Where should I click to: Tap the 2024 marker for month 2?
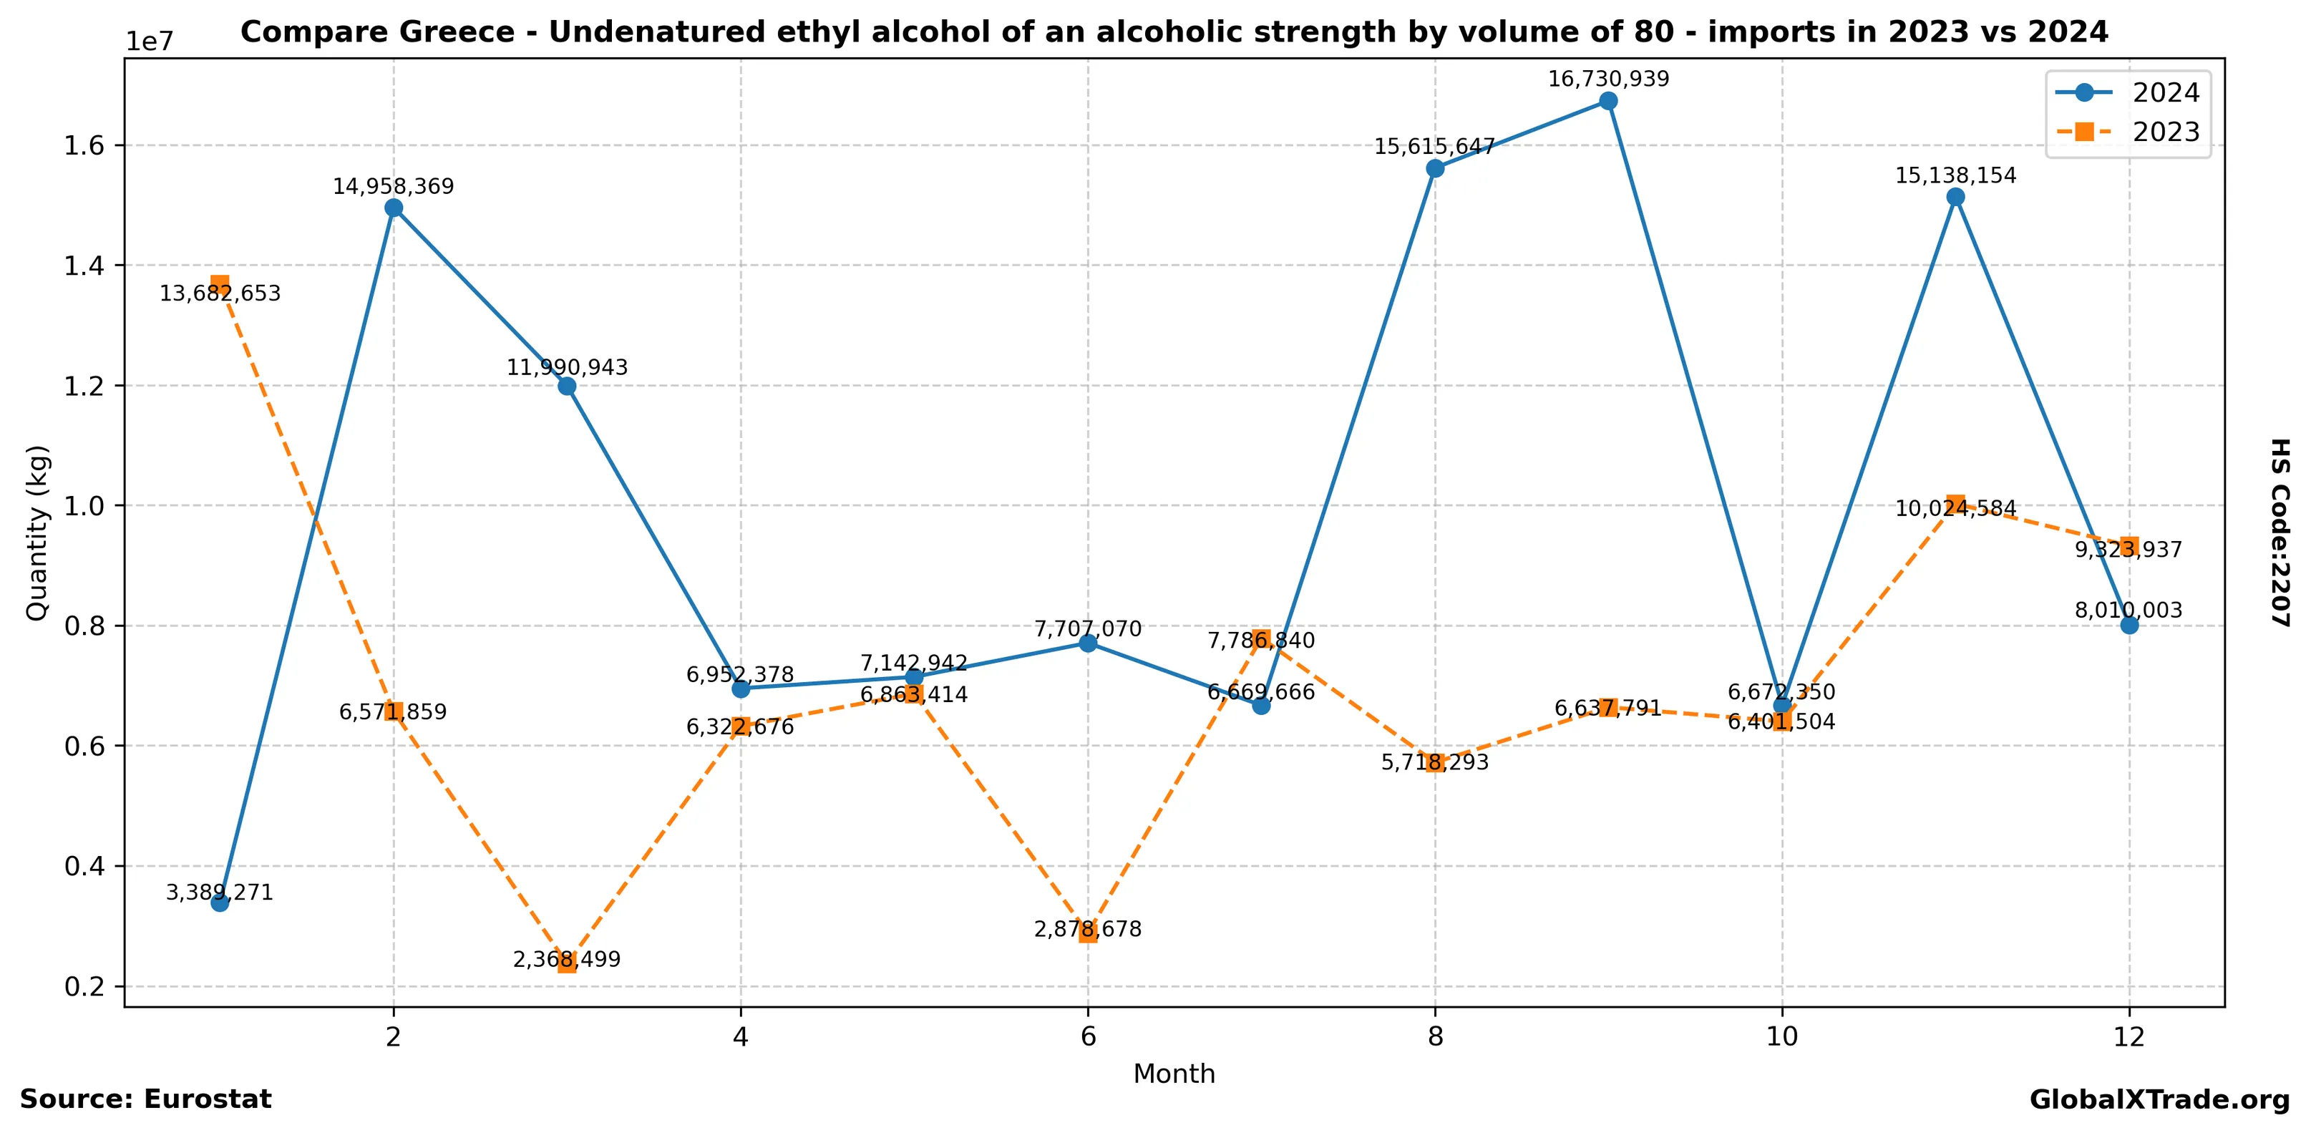(393, 208)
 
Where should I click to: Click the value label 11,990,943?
(567, 368)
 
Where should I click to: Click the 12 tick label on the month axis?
(2129, 1037)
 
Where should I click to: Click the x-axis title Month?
(1174, 1074)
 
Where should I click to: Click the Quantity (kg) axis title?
(37, 533)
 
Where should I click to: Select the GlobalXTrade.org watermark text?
(2159, 1100)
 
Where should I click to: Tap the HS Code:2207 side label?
(2280, 533)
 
